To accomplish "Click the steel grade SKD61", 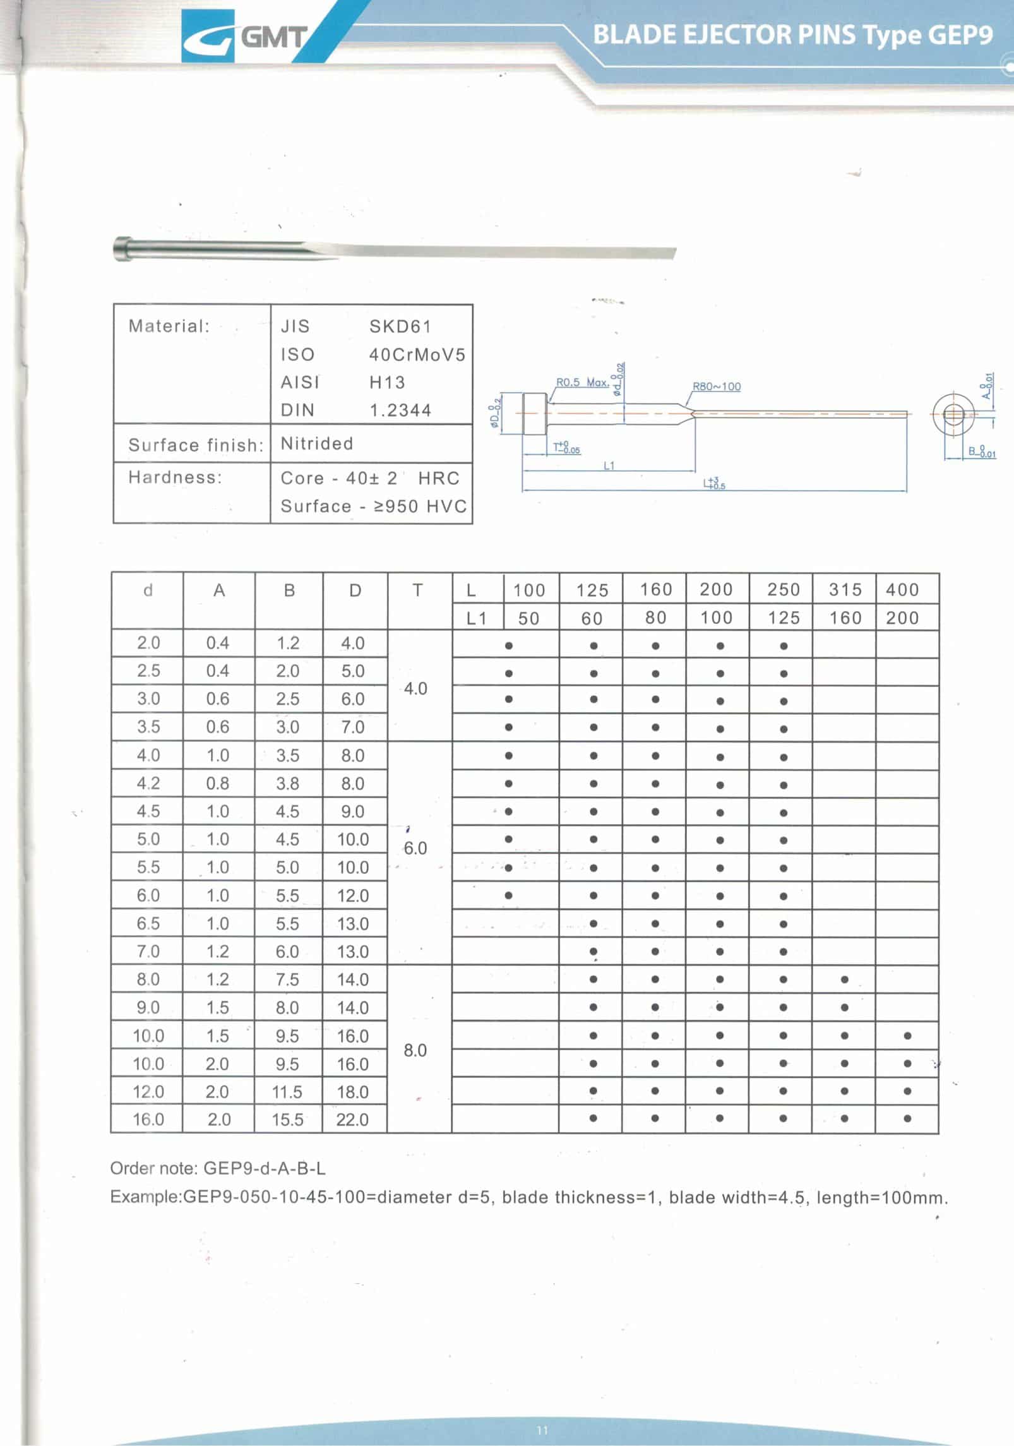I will pyautogui.click(x=400, y=326).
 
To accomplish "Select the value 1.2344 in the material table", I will pyautogui.click(x=400, y=410).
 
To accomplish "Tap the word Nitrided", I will pyautogui.click(x=317, y=444).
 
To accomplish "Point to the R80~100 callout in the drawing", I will pyautogui.click(x=717, y=386).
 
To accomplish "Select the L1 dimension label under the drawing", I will pyautogui.click(x=609, y=466).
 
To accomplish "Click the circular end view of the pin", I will pyautogui.click(x=953, y=415).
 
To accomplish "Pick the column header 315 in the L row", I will pyautogui.click(x=845, y=590).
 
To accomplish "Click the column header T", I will pyautogui.click(x=417, y=590).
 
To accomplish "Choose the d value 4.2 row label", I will pyautogui.click(x=148, y=784).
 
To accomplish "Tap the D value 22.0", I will pyautogui.click(x=352, y=1120).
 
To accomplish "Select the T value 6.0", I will pyautogui.click(x=415, y=848).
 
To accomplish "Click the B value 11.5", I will pyautogui.click(x=287, y=1092).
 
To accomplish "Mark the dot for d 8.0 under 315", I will pyautogui.click(x=845, y=980).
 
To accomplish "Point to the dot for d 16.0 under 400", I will pyautogui.click(x=907, y=1119).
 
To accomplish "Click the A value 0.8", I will pyautogui.click(x=218, y=784).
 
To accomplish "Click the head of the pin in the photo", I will pyautogui.click(x=123, y=248).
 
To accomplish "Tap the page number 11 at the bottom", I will pyautogui.click(x=542, y=1430).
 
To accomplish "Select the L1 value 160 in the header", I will pyautogui.click(x=845, y=618).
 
